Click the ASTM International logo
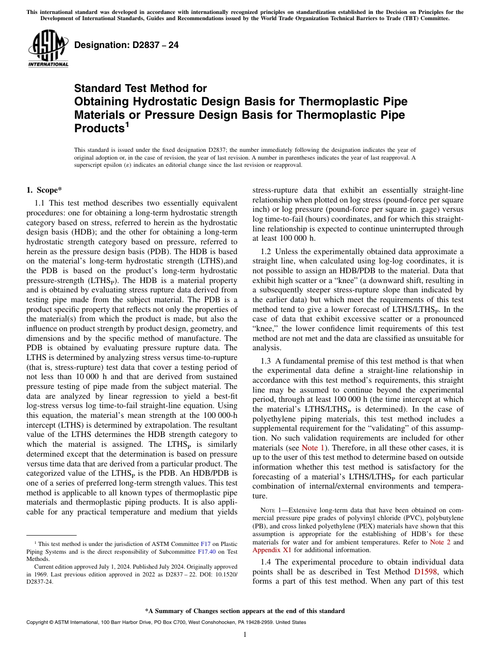[x=47, y=49]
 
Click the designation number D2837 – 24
[x=126, y=45]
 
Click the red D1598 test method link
[x=426, y=572]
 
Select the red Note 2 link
[x=440, y=542]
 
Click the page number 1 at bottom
[x=244, y=635]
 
